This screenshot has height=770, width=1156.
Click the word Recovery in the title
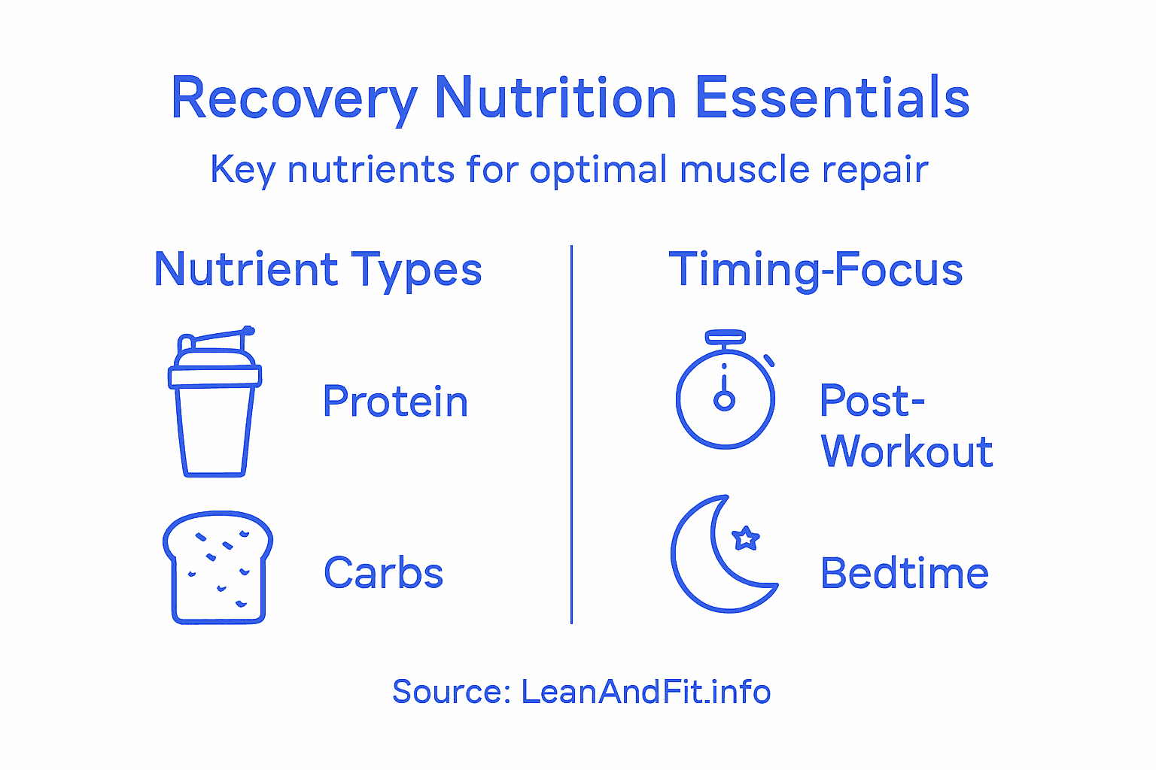[x=294, y=99]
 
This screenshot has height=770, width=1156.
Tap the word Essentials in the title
[x=832, y=98]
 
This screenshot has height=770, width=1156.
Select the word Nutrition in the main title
[x=555, y=98]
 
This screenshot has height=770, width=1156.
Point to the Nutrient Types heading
[x=318, y=270]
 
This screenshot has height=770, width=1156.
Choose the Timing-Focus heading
[x=816, y=270]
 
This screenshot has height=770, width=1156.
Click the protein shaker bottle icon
[x=214, y=406]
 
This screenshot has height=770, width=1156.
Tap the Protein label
[x=395, y=402]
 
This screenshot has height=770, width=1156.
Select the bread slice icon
[x=218, y=568]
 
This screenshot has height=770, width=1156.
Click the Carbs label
[x=384, y=573]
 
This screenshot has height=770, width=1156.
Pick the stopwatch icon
[x=726, y=395]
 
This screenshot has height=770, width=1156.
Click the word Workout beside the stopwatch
[x=907, y=452]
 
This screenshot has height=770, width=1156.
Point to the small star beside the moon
[x=746, y=538]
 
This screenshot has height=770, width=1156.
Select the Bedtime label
[x=905, y=574]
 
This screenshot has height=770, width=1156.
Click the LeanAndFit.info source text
[x=646, y=692]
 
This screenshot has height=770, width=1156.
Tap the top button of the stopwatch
[x=726, y=337]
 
